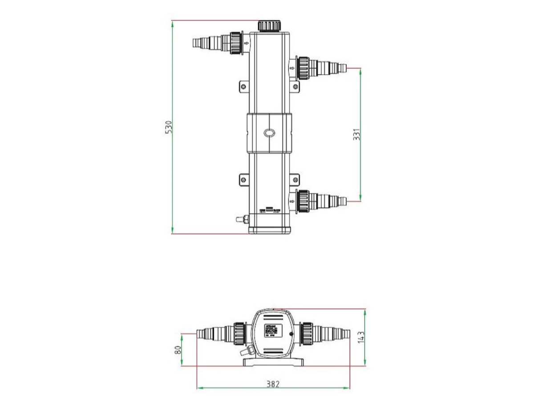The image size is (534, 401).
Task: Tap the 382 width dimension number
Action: click(273, 384)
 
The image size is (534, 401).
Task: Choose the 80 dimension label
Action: click(178, 350)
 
